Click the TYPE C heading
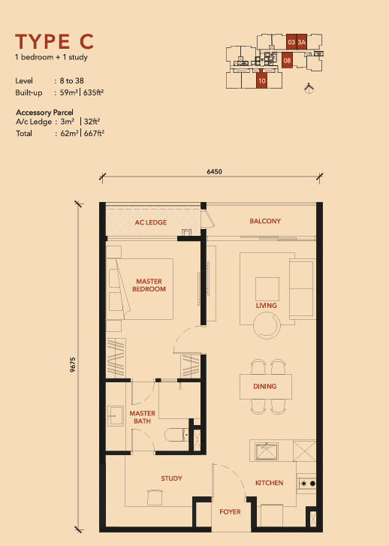[x=54, y=41]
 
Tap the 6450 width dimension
[x=214, y=171]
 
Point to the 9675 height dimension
[x=72, y=365]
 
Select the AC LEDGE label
[x=151, y=222]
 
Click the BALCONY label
[x=265, y=221]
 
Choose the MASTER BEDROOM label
[x=149, y=285]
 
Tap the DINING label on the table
[x=264, y=386]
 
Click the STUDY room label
[x=171, y=478]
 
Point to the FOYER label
[x=230, y=511]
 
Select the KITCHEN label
[x=269, y=483]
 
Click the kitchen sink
[x=267, y=451]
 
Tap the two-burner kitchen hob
[x=307, y=484]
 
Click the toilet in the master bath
[x=176, y=435]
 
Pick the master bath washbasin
[x=115, y=416]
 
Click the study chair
[x=155, y=497]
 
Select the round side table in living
[x=267, y=325]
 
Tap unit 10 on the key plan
[x=262, y=80]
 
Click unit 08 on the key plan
[x=287, y=60]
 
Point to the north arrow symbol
[x=309, y=89]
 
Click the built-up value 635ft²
[x=93, y=92]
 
